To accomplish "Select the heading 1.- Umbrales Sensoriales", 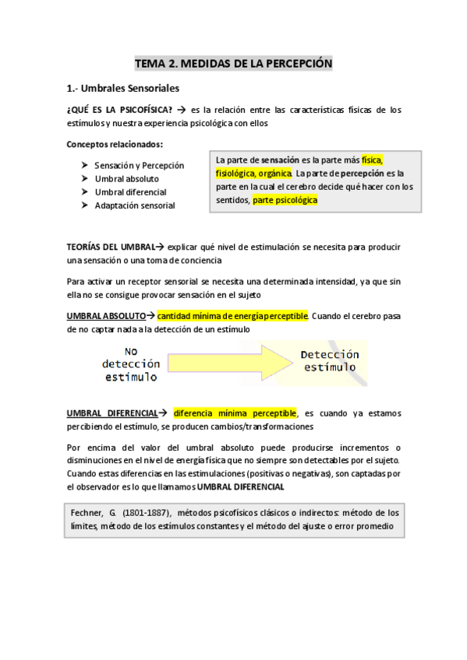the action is [123, 88].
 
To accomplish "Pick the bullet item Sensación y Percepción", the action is [139, 166].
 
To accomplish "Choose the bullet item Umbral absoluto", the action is [126, 179].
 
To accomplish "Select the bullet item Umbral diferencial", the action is [130, 192].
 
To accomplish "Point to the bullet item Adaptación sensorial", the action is [134, 205].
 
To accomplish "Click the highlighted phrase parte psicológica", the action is [285, 200].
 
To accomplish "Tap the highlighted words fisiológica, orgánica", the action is [254, 173].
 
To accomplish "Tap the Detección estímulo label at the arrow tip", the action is [330, 360].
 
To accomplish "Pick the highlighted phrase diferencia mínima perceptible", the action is [235, 413].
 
